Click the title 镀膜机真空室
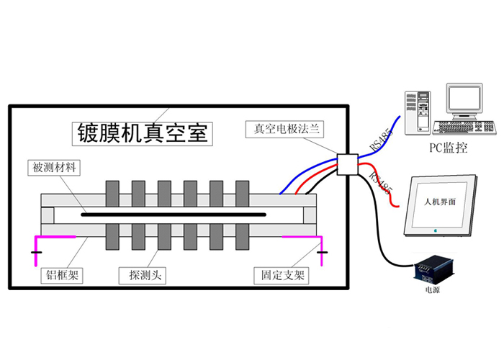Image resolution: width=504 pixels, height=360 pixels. pyautogui.click(x=143, y=132)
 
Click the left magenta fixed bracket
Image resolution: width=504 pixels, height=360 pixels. pyautogui.click(x=54, y=238)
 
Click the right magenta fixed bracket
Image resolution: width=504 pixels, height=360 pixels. pyautogui.click(x=302, y=238)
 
